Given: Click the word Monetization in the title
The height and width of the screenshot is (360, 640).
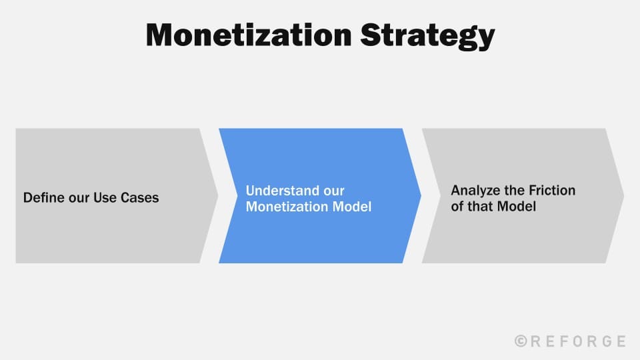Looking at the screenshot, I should click(x=249, y=35).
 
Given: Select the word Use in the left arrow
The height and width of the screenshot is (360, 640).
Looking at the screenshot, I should click(x=105, y=198).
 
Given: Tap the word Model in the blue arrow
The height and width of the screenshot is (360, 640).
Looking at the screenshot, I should click(x=351, y=207).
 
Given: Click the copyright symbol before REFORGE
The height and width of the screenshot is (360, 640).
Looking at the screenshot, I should click(x=522, y=341).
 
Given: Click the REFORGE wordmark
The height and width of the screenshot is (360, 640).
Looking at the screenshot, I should click(x=577, y=341).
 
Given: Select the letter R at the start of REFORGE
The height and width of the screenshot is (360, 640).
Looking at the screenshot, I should click(x=537, y=341).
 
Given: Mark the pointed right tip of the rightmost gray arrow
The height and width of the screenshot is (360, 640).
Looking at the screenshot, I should click(x=623, y=196).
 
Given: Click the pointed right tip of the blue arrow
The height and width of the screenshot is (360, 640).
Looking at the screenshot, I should click(x=420, y=196).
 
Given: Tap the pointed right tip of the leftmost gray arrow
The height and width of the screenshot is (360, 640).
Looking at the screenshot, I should click(x=217, y=196).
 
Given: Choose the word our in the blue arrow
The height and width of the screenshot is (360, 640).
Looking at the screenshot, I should click(x=333, y=191).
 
